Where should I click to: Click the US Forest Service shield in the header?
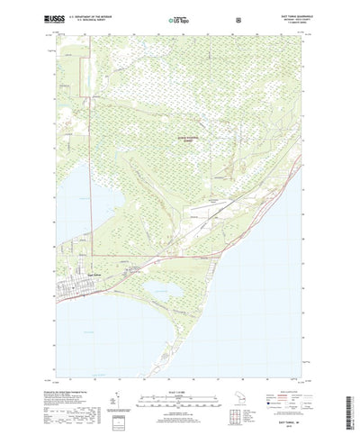tap(238, 17)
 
